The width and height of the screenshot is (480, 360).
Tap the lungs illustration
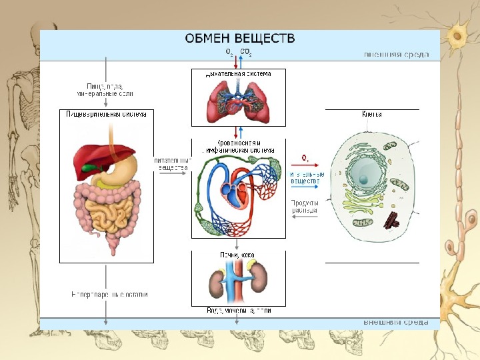[238, 101]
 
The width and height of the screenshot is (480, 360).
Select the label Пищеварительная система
[106, 114]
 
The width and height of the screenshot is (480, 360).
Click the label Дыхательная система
[238, 73]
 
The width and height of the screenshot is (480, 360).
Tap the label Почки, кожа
[237, 254]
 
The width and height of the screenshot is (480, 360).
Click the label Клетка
[371, 114]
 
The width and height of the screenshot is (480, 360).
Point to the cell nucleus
[366, 174]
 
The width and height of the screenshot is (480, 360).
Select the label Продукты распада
[304, 206]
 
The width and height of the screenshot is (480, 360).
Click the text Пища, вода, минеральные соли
[106, 89]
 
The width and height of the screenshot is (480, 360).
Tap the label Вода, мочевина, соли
[237, 310]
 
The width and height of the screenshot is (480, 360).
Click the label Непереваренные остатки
[109, 294]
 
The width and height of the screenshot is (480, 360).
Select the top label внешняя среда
[396, 55]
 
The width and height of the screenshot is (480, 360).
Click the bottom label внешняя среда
[396, 321]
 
